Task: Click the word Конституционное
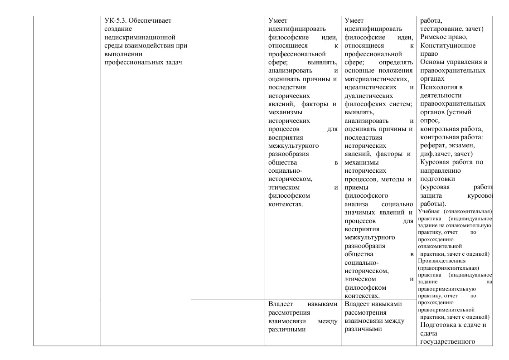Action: point(448,45)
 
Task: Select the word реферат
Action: point(433,145)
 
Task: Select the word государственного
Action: point(447,341)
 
